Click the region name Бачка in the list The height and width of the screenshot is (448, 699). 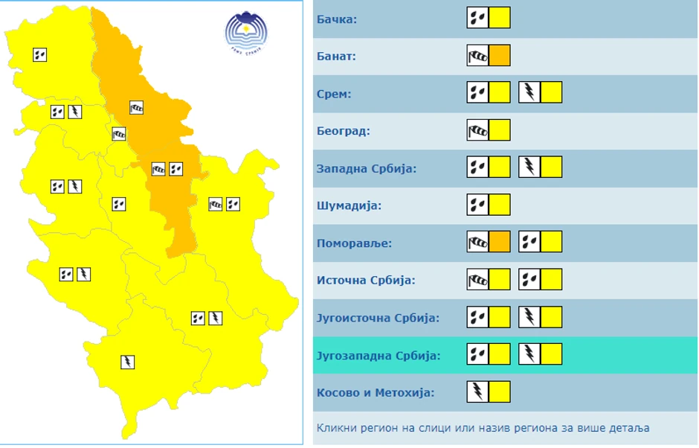point(337,19)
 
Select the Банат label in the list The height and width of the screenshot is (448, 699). point(337,57)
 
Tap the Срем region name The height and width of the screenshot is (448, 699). point(334,94)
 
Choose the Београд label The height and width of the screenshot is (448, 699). point(344,131)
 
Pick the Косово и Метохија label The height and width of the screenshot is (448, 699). point(376,392)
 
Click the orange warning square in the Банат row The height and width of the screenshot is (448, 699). point(500,55)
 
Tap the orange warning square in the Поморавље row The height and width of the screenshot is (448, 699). point(500,241)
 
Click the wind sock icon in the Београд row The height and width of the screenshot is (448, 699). point(477,130)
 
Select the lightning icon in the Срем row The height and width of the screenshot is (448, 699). point(529,92)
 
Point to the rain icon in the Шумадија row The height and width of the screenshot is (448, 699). point(477,205)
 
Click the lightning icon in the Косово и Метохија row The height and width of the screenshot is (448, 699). point(477,391)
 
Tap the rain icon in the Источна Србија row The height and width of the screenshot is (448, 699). point(529,279)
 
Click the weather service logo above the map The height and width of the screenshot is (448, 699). point(246,32)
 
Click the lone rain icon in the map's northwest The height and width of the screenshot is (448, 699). point(40,54)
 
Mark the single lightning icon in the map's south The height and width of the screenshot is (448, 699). point(127,362)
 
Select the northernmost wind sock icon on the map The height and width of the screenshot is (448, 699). point(136,108)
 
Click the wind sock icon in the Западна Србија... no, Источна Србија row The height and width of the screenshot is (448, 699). point(477,279)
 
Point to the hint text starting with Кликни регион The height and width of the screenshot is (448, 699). point(483,428)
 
